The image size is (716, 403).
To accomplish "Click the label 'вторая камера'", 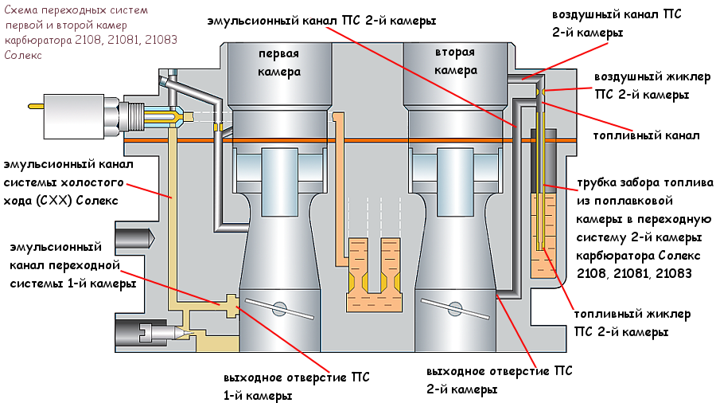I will [x=454, y=61].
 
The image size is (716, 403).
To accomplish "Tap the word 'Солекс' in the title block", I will [x=23, y=56].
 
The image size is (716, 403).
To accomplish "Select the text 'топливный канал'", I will [x=647, y=135].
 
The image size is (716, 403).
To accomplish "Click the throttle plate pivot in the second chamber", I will [x=454, y=307].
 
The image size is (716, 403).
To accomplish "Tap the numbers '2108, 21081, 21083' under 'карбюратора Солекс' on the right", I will [x=634, y=272].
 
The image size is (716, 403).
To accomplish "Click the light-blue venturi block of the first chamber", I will [x=278, y=170].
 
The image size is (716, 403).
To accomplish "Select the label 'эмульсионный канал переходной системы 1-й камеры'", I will [x=72, y=264].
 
